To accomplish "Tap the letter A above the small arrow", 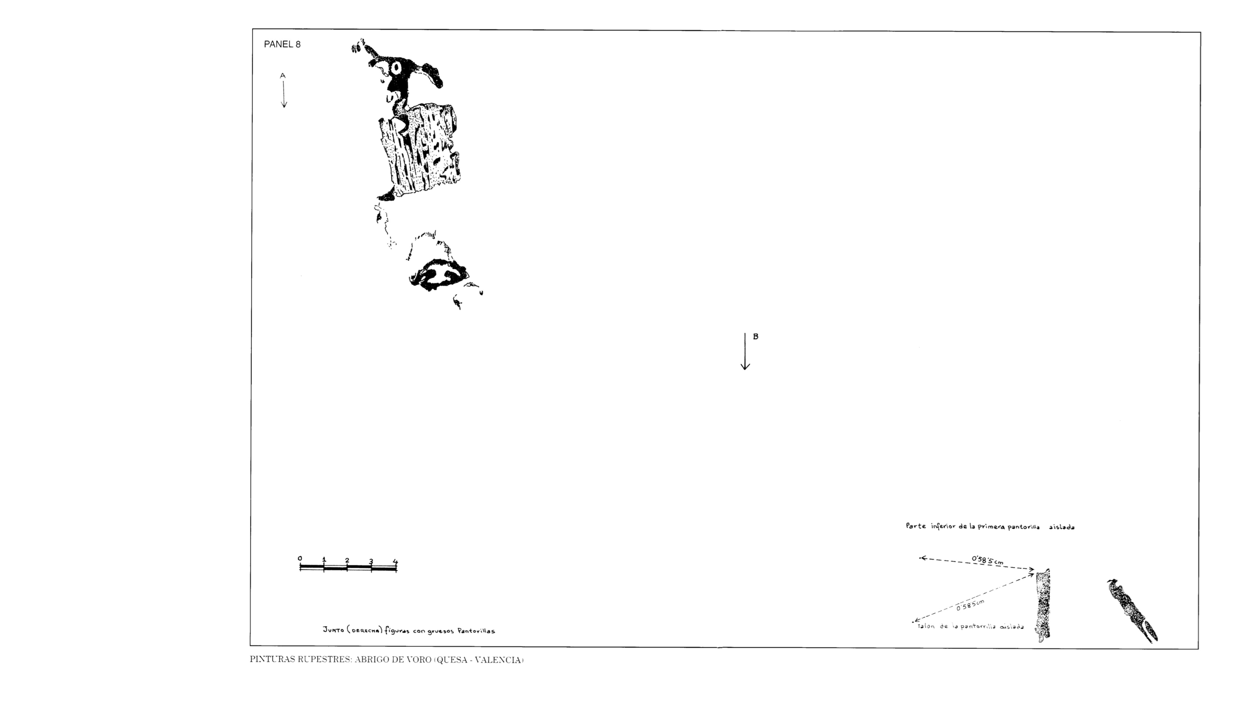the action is point(283,76).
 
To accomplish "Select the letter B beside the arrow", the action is point(756,336).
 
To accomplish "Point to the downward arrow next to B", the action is point(745,352).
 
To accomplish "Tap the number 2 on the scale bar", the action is point(347,560).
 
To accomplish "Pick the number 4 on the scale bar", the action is point(395,562).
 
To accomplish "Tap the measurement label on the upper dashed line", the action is point(987,560).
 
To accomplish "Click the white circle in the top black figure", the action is point(396,68).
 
